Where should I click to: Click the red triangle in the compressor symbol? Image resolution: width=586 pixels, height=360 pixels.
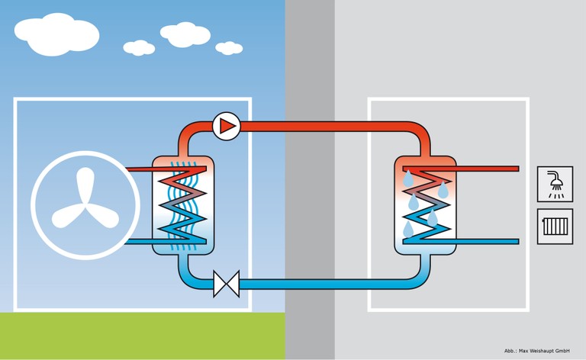tap(227, 126)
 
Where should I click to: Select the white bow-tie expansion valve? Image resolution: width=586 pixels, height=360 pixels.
tap(227, 284)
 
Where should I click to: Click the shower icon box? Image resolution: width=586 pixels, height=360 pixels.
tap(555, 184)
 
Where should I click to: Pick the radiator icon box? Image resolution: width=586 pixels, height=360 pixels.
tap(555, 227)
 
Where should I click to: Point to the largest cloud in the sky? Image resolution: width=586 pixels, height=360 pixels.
tap(56, 34)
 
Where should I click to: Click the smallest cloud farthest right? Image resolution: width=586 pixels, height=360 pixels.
tap(229, 48)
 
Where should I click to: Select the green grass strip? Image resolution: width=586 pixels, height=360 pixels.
tap(143, 336)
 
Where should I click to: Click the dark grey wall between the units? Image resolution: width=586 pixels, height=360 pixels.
tap(310, 180)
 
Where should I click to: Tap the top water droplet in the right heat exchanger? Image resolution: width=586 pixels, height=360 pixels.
tap(407, 179)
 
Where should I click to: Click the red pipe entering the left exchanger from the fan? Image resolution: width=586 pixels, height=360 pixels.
tap(140, 169)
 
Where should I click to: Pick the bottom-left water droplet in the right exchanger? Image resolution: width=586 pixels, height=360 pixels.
tap(408, 230)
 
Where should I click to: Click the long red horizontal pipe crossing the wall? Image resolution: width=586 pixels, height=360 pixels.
tap(329, 126)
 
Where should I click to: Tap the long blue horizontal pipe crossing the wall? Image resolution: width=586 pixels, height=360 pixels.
tap(329, 284)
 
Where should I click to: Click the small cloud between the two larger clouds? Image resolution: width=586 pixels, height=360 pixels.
tap(139, 48)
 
